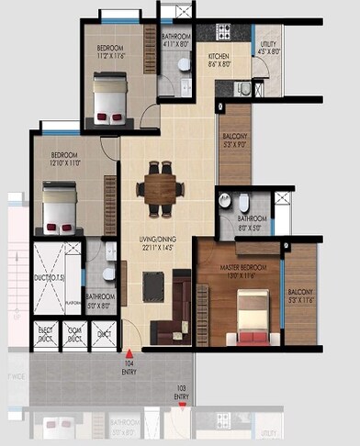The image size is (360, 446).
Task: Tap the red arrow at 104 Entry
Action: [x=129, y=351]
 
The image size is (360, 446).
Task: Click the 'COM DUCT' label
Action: [x=75, y=332]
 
